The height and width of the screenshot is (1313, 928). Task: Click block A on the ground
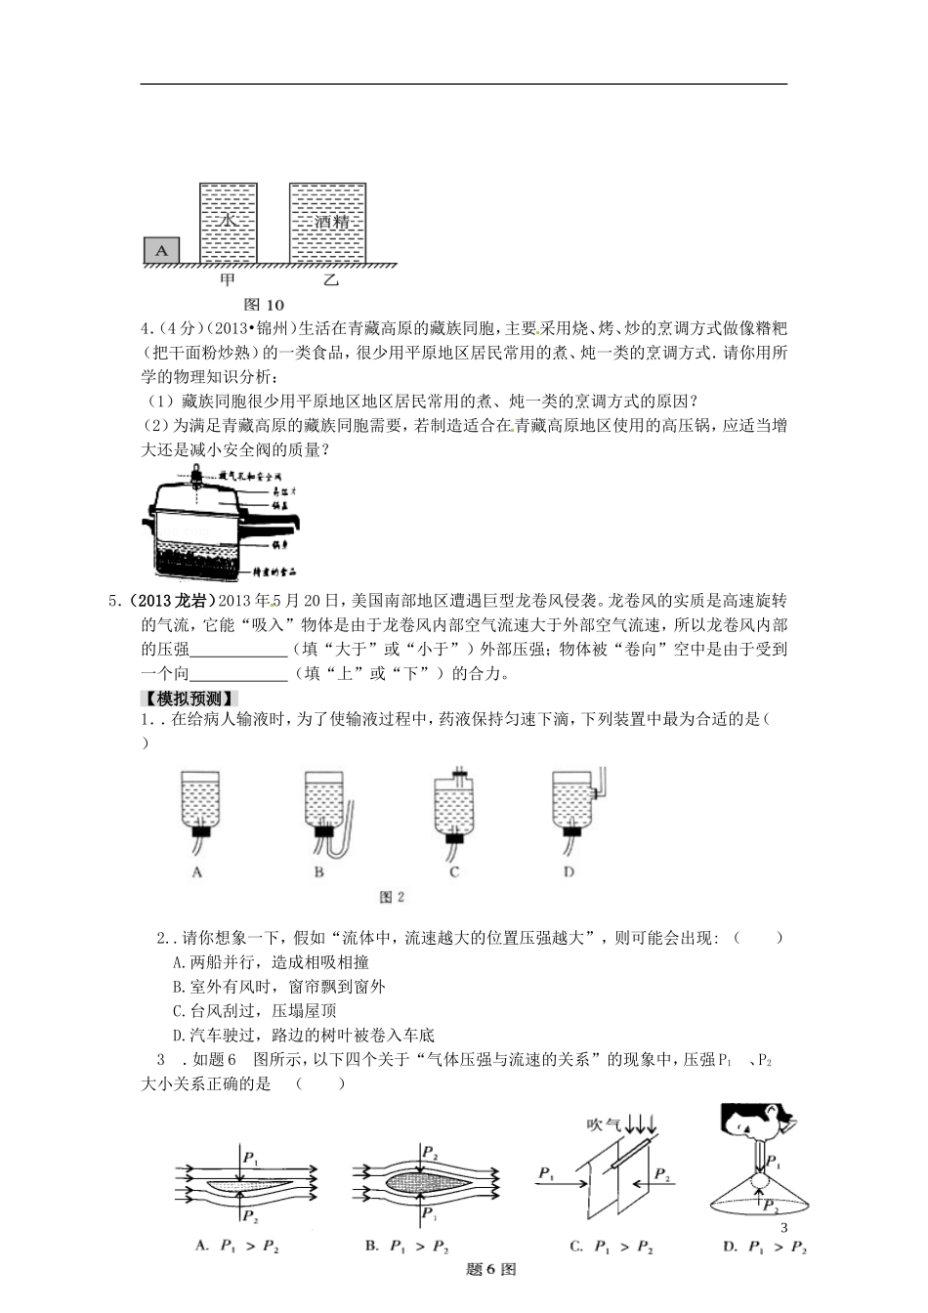tap(162, 250)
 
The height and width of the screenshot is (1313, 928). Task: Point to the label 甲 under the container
tap(228, 281)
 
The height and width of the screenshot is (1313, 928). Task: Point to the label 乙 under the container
tap(330, 281)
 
